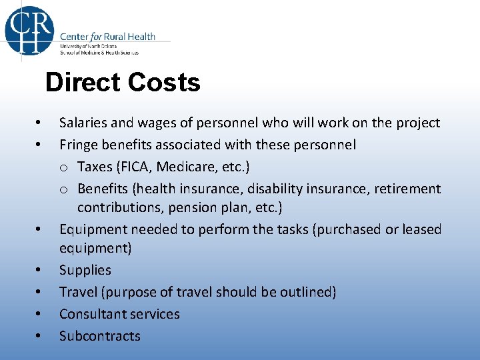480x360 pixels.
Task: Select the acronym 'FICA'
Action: pos(134,166)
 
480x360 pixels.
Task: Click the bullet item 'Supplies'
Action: pos(85,270)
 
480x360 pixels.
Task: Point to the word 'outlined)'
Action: pos(309,292)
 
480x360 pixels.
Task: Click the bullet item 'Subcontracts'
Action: pos(100,336)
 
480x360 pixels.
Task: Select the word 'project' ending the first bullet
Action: pos(418,123)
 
